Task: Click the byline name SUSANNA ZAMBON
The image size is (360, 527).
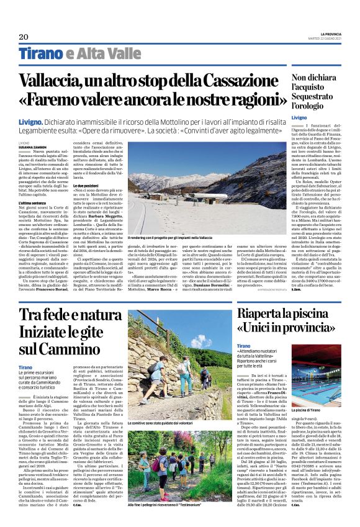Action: click(50, 146)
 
